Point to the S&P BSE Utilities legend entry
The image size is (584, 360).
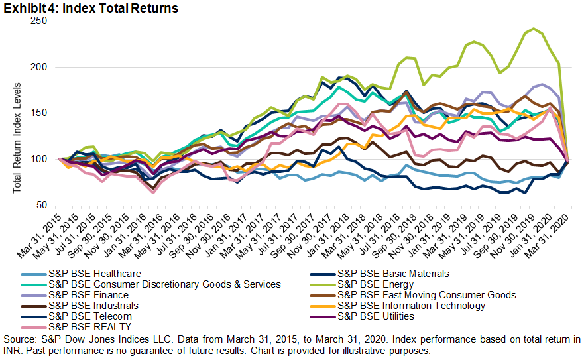376,316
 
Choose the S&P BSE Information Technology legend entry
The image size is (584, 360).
411,306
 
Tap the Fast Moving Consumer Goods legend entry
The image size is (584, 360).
427,294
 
